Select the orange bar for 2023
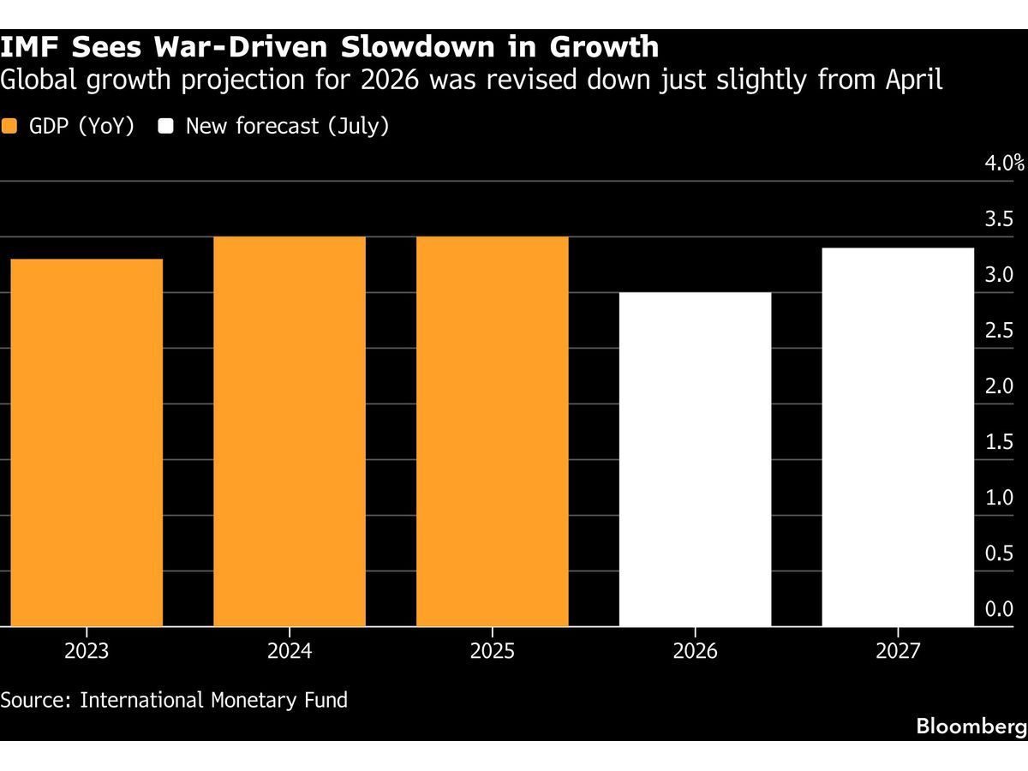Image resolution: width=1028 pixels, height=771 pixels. coord(87,442)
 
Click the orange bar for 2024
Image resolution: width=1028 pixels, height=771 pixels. coord(290,431)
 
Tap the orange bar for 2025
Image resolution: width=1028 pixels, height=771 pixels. coord(493,431)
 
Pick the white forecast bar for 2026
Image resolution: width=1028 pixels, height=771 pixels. coord(695,459)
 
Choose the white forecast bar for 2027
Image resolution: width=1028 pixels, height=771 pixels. coord(898,437)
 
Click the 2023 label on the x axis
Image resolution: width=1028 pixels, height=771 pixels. coord(87,651)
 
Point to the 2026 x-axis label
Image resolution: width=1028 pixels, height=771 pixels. coord(695,651)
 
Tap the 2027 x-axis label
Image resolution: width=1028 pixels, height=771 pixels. coord(898,651)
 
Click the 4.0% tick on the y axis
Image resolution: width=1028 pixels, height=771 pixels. coord(1005,163)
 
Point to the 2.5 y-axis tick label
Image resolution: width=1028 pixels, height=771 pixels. coord(999,331)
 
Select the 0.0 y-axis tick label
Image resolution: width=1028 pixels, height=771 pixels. coord(999,609)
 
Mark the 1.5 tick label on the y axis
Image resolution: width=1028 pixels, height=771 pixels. coord(999,442)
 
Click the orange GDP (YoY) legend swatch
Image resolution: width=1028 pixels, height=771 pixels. coord(9,126)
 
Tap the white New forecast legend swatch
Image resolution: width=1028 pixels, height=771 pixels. coord(166,126)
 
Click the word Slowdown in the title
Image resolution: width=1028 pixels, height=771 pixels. coord(418,47)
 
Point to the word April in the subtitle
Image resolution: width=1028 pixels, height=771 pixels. coord(914,80)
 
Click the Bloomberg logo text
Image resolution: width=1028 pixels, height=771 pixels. coord(971,726)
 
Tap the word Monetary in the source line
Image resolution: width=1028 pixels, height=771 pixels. coord(254,700)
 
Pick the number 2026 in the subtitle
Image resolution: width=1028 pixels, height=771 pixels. coord(390,80)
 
